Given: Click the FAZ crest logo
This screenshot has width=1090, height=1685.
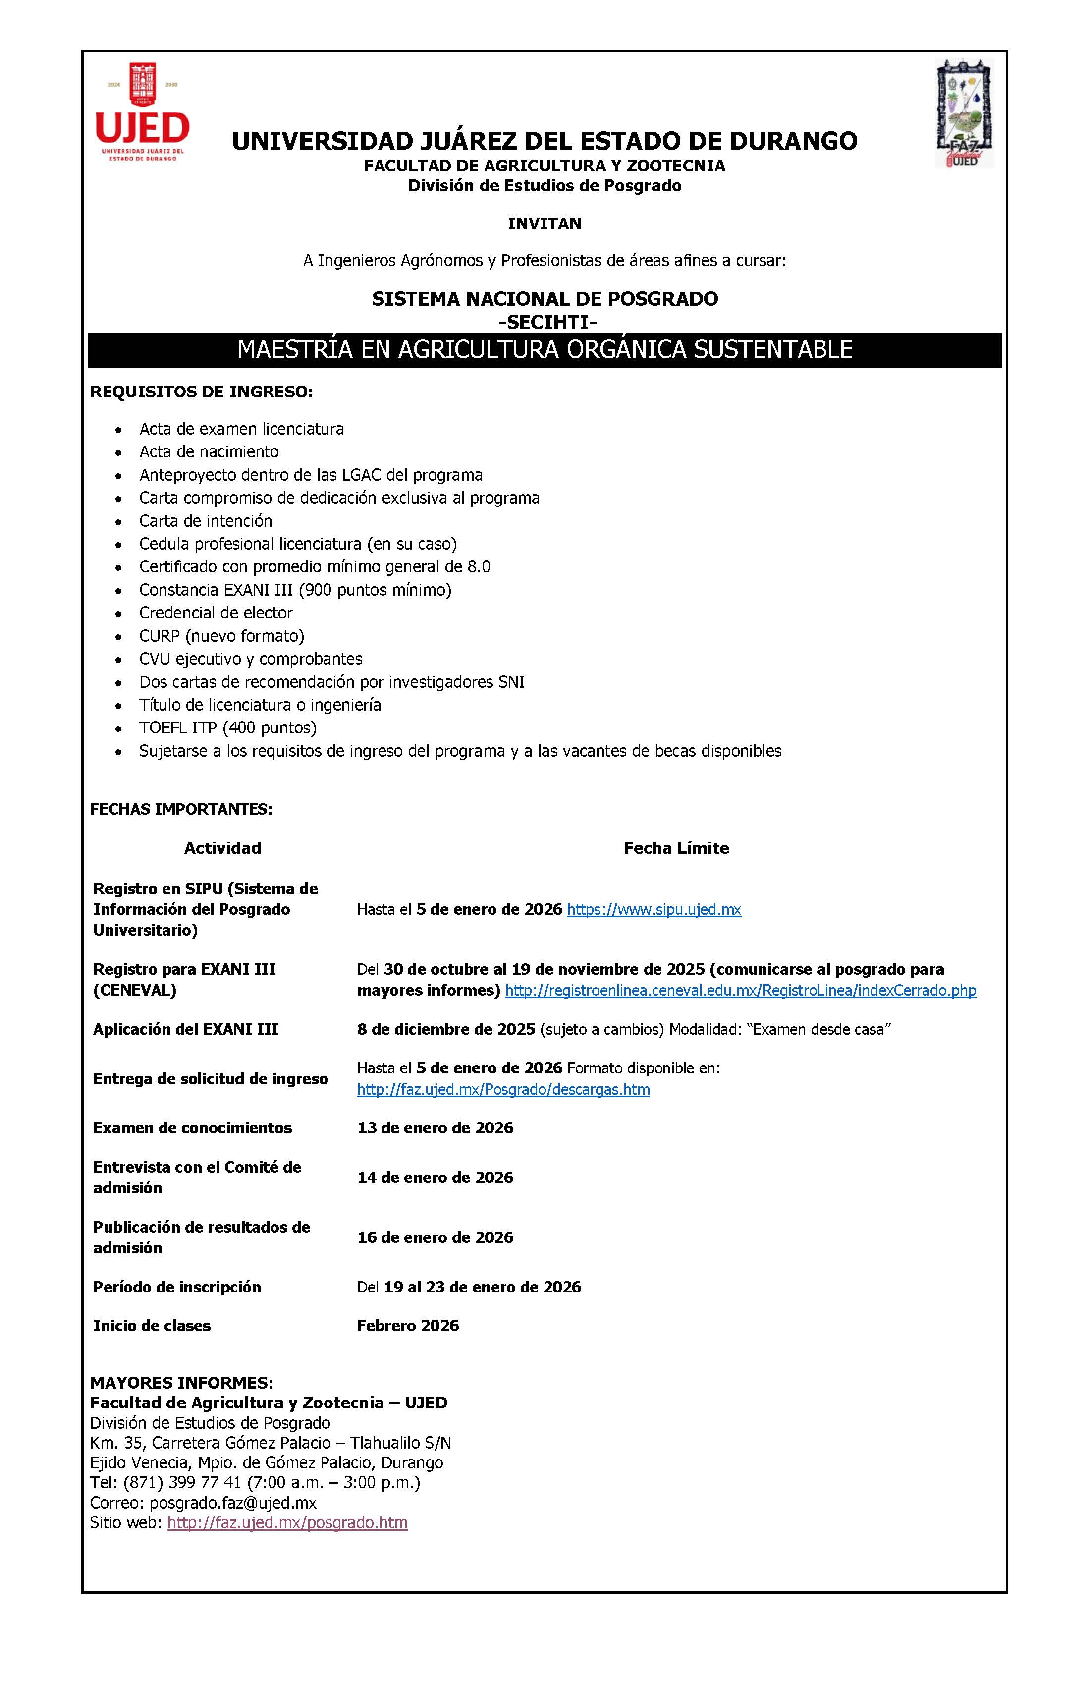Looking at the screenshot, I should pyautogui.click(x=964, y=113).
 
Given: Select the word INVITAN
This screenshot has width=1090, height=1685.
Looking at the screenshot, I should pyautogui.click(x=545, y=224).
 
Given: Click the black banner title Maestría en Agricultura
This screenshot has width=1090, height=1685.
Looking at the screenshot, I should pyautogui.click(x=545, y=350).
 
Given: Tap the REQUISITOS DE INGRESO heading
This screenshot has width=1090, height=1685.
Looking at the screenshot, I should pyautogui.click(x=201, y=392).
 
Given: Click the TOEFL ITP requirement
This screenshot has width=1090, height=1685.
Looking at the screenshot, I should pyautogui.click(x=227, y=728).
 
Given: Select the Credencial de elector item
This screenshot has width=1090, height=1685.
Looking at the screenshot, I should pyautogui.click(x=216, y=613).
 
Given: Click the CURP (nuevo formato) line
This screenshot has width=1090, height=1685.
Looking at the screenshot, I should pyautogui.click(x=221, y=636).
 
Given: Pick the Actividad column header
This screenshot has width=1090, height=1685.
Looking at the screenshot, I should pyautogui.click(x=222, y=848).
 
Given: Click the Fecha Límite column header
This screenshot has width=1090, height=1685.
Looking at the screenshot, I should pyautogui.click(x=676, y=848).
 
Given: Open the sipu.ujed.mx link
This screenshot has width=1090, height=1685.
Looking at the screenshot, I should pyautogui.click(x=654, y=910).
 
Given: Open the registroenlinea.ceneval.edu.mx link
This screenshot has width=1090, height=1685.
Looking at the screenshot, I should pyautogui.click(x=740, y=991).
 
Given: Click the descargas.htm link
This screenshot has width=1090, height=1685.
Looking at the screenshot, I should pyautogui.click(x=503, y=1090).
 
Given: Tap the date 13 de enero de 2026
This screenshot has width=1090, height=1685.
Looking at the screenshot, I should pyautogui.click(x=436, y=1128).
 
